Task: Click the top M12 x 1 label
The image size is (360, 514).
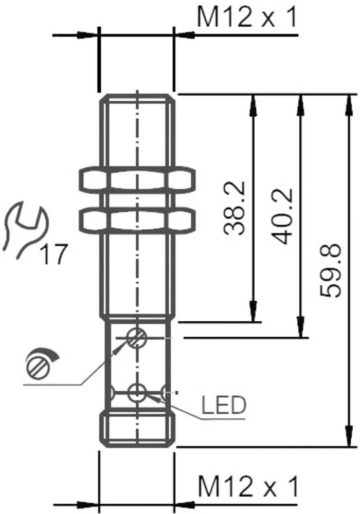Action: [247, 19]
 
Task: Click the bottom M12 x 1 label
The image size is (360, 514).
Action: [247, 486]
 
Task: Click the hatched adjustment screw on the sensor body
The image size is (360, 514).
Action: [137, 338]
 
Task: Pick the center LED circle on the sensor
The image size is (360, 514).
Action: [137, 393]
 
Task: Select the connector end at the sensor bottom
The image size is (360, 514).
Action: [137, 428]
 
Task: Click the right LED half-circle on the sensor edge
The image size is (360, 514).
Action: [166, 394]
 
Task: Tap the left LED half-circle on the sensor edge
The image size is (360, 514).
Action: [110, 393]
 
